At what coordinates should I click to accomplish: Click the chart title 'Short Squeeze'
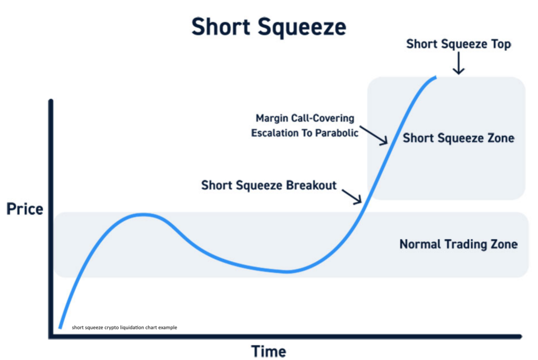[268, 27]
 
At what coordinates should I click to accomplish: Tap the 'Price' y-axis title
[25, 209]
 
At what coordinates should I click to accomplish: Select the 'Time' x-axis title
[268, 352]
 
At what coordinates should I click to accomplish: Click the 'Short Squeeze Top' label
[459, 44]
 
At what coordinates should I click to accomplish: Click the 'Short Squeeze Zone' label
[458, 138]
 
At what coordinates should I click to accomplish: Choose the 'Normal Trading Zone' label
[458, 244]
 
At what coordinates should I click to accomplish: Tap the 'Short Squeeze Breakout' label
[268, 186]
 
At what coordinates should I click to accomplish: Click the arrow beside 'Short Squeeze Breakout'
[351, 197]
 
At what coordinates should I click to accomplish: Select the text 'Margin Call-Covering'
[305, 118]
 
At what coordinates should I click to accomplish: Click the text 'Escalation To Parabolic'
[305, 133]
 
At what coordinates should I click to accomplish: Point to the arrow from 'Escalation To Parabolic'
[374, 135]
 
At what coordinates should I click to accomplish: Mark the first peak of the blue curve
[143, 215]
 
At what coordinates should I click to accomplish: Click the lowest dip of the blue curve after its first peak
[287, 272]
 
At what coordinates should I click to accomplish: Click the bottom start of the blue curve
[60, 328]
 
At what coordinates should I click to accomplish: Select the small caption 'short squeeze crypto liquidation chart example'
[125, 327]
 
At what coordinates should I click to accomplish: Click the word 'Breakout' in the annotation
[311, 186]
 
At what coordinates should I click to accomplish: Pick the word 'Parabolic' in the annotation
[337, 133]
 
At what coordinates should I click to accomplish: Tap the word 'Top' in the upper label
[501, 44]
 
